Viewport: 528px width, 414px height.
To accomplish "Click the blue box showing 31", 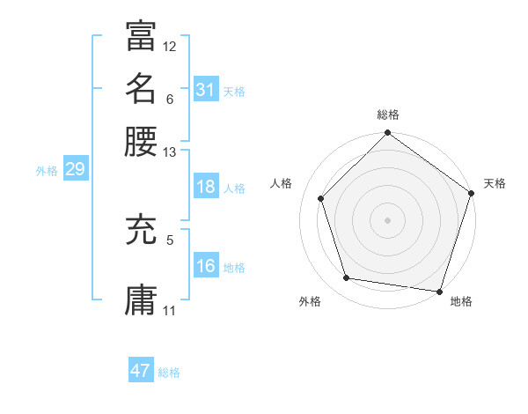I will [x=206, y=90].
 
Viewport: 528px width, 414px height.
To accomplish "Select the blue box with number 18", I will [x=206, y=187].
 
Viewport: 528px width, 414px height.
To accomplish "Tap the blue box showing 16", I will [x=206, y=267].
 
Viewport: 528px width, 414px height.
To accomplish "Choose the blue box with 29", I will [x=75, y=169].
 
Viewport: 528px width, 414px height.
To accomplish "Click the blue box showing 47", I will [x=141, y=371].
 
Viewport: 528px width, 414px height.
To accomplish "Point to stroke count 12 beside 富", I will [x=170, y=46].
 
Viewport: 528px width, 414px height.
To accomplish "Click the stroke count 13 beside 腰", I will [x=170, y=152].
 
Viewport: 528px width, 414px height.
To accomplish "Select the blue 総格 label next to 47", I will [x=170, y=373].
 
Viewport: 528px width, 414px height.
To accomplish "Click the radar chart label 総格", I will [x=387, y=115].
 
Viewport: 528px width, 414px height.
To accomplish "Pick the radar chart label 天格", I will [x=495, y=183].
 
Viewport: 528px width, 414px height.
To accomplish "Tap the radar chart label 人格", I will [x=282, y=183].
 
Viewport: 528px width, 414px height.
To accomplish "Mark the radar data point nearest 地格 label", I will [x=440, y=291].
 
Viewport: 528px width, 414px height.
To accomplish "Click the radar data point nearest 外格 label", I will [x=347, y=278].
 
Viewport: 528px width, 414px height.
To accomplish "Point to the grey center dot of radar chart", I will [x=387, y=219].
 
